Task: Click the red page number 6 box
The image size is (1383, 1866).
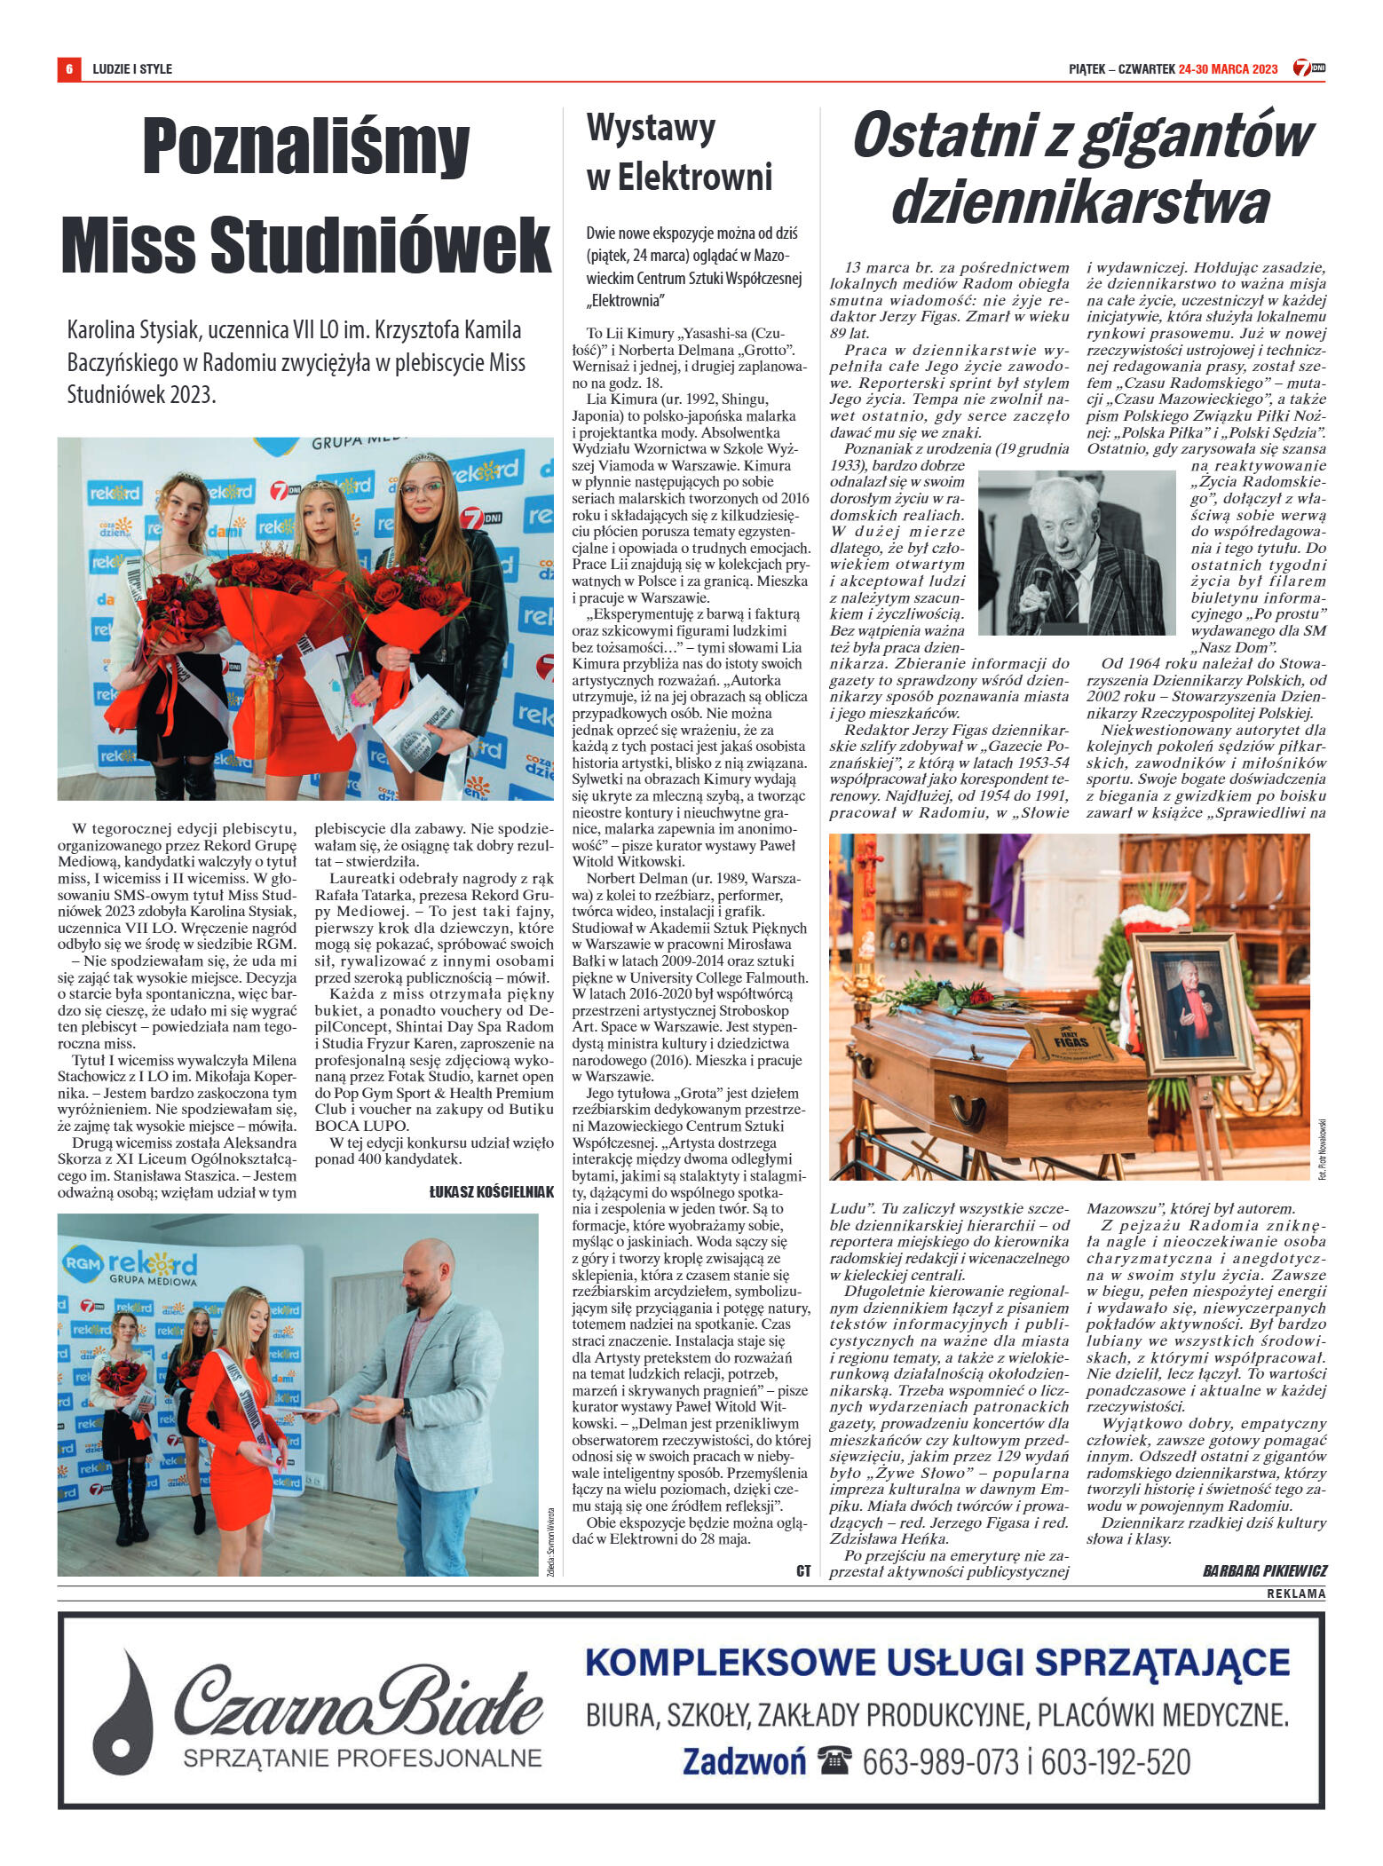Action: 67,68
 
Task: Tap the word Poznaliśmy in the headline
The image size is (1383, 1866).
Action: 305,147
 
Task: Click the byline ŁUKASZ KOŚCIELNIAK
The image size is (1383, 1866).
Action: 491,1192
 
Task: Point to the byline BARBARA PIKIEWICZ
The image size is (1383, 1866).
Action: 1264,1570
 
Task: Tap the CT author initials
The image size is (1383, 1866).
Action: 803,1570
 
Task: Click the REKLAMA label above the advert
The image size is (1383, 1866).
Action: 1296,1593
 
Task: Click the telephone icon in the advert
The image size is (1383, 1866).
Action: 834,1759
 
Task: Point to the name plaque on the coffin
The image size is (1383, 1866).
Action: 1070,1040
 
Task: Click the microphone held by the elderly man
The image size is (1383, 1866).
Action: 1040,585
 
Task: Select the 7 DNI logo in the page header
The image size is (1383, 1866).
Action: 1308,68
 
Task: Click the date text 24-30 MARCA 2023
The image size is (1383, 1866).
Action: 1228,69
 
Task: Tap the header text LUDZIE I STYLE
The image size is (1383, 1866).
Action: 132,69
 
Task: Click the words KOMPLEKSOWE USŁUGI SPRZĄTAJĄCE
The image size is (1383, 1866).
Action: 937,1662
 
